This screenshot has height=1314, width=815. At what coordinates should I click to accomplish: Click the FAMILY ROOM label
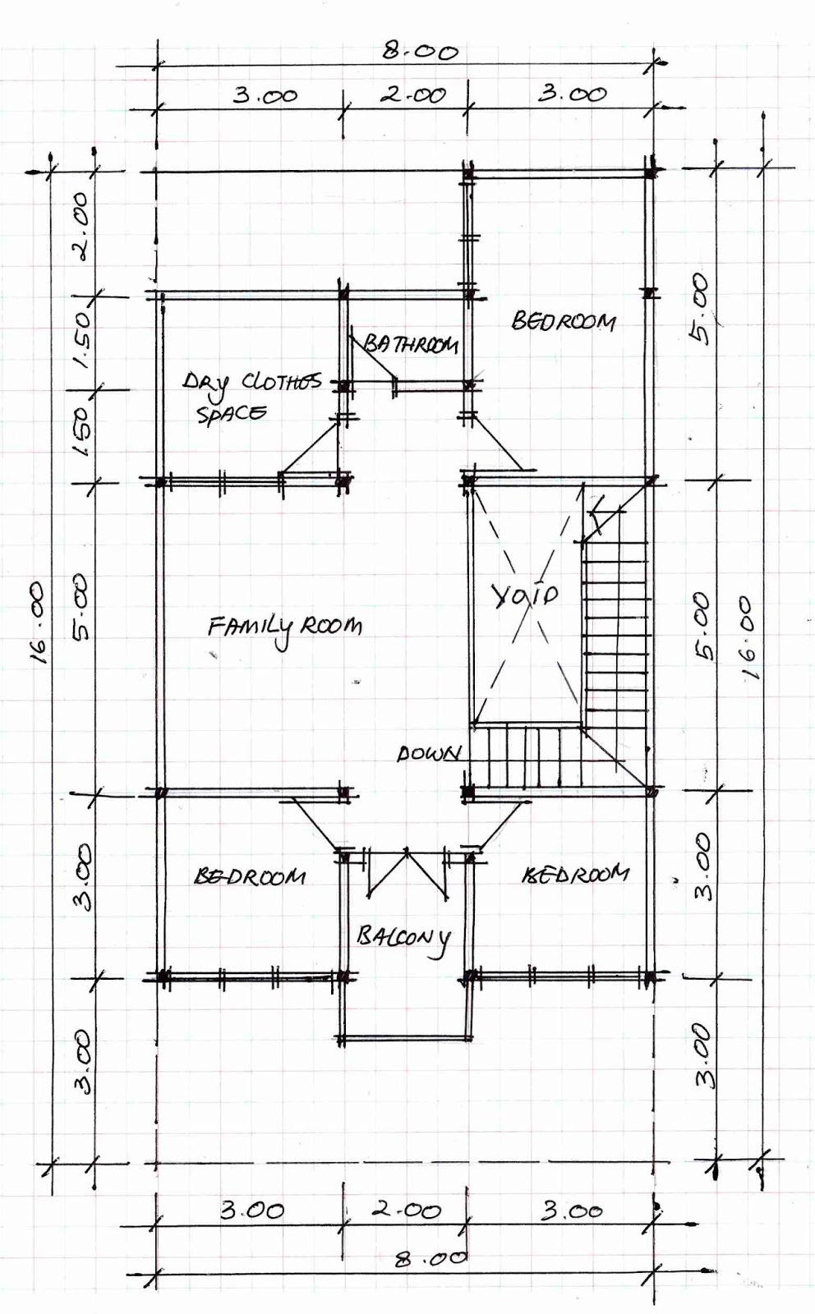(x=284, y=630)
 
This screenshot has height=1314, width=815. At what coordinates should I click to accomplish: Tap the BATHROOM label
(x=411, y=344)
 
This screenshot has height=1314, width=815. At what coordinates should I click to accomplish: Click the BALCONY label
(x=404, y=938)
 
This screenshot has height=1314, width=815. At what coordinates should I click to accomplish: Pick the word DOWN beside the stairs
(x=429, y=754)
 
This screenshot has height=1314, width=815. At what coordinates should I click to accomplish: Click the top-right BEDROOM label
(x=564, y=321)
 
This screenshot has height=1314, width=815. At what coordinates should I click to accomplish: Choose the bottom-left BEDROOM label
(x=250, y=876)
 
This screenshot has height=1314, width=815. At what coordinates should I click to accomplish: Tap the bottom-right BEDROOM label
(x=575, y=875)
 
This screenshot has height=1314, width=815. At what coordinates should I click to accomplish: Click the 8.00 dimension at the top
(x=420, y=52)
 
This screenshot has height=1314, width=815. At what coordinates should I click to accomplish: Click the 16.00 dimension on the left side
(x=40, y=623)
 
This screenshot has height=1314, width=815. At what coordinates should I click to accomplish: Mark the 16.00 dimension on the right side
(x=749, y=637)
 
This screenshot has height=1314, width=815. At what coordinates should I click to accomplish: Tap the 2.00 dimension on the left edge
(x=83, y=227)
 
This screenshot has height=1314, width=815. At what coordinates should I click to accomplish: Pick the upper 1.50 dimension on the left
(x=83, y=341)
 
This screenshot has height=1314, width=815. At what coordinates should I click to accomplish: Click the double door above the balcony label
(x=407, y=874)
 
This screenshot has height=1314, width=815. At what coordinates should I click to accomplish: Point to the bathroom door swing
(x=372, y=358)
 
